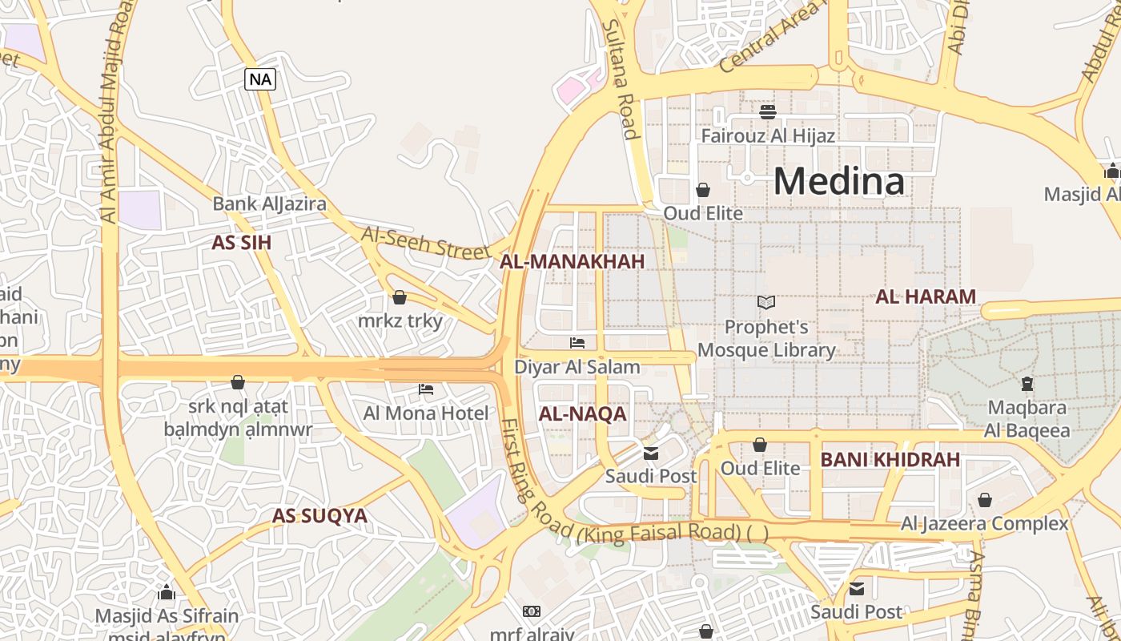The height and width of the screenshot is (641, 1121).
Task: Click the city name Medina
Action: pyautogui.click(x=838, y=181)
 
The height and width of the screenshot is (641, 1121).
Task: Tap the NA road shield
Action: pyautogui.click(x=260, y=79)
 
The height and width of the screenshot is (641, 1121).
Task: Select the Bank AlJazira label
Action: pyautogui.click(x=269, y=204)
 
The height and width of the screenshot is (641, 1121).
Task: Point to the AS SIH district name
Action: pyautogui.click(x=241, y=243)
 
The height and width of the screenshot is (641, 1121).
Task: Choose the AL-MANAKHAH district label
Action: pyautogui.click(x=572, y=261)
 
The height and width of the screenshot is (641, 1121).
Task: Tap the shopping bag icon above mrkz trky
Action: pyautogui.click(x=400, y=298)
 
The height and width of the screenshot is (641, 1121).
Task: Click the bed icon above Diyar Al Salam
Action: pyautogui.click(x=577, y=343)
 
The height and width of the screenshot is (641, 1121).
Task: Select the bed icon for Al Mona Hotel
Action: pyautogui.click(x=426, y=389)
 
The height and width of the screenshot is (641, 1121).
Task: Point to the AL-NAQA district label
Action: pyautogui.click(x=582, y=414)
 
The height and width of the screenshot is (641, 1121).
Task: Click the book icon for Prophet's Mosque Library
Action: pyautogui.click(x=766, y=303)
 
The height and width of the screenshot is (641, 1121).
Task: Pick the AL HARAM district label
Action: pyautogui.click(x=926, y=296)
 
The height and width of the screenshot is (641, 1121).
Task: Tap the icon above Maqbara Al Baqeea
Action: pyautogui.click(x=1027, y=383)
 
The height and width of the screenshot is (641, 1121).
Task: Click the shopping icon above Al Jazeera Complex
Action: pyautogui.click(x=984, y=500)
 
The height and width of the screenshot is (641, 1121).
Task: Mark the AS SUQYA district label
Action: pyautogui.click(x=319, y=516)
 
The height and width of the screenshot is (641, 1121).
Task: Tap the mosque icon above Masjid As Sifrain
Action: pyautogui.click(x=167, y=592)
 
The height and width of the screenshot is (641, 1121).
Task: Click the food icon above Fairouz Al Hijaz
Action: pyautogui.click(x=768, y=111)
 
